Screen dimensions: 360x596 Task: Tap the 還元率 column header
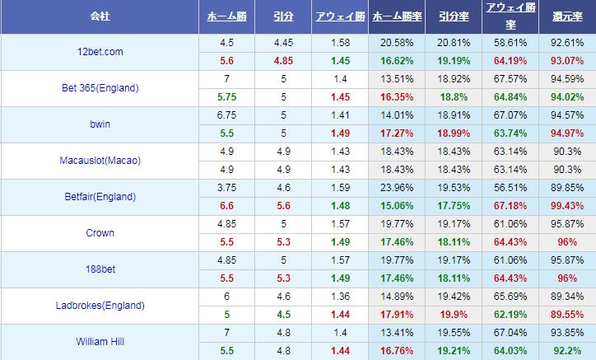(567, 16)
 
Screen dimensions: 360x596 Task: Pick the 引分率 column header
(454, 16)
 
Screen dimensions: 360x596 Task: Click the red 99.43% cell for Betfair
(567, 205)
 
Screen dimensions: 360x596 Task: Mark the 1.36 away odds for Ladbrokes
(339, 296)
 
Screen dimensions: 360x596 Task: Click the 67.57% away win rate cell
(510, 78)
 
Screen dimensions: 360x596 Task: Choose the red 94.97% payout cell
(567, 133)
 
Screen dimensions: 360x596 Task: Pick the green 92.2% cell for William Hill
(567, 350)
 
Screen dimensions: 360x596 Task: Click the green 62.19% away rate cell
(510, 314)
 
